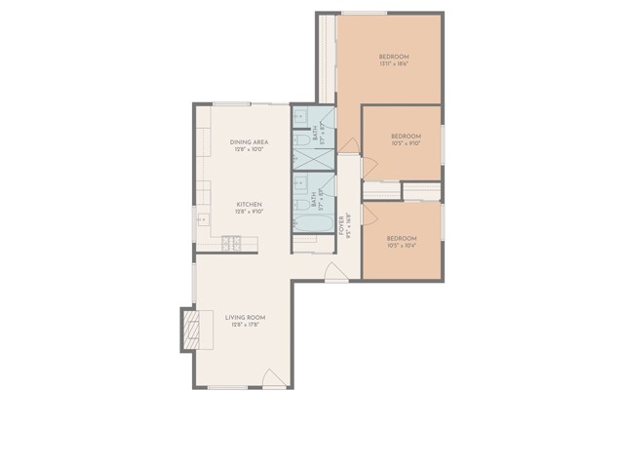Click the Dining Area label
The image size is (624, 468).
251,142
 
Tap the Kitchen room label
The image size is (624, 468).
251,205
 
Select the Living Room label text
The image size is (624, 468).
245,318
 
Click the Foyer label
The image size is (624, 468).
341,225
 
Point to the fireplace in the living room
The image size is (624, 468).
189,331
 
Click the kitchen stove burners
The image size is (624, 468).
232,242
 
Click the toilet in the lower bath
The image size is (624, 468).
301,203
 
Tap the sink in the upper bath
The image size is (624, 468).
300,115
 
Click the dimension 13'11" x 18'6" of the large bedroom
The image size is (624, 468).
394,66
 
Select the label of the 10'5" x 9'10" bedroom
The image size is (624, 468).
406,136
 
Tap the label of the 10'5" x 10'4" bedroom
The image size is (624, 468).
402,239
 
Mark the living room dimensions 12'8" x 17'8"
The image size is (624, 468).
245,326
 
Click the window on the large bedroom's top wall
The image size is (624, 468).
363,14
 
